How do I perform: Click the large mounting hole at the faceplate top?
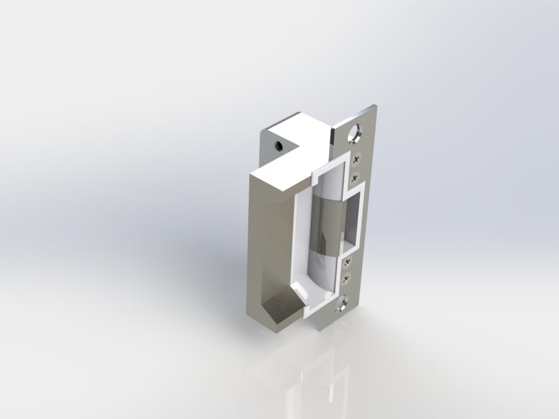(354, 134)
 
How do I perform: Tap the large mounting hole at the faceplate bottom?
(341, 304)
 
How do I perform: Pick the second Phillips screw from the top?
(355, 178)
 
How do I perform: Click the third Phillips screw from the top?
(348, 261)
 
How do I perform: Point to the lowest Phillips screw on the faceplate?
(345, 278)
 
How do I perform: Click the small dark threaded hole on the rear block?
(277, 146)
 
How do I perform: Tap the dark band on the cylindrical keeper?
(327, 223)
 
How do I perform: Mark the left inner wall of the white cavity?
(296, 240)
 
